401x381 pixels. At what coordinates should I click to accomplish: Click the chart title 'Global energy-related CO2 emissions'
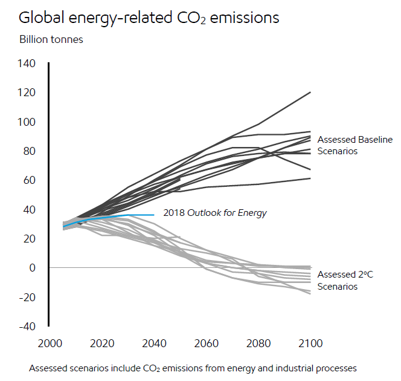click(149, 18)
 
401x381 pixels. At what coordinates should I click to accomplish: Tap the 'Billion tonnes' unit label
click(51, 40)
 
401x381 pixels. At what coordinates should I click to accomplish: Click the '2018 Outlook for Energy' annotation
click(215, 213)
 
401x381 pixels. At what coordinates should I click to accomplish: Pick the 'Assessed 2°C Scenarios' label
click(345, 280)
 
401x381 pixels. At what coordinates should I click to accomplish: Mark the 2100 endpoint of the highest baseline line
click(310, 92)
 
